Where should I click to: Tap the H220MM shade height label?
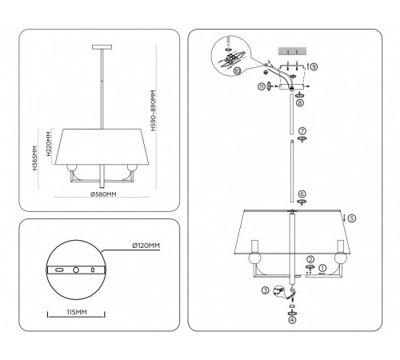coord(49,144)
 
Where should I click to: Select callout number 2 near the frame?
coord(309,258)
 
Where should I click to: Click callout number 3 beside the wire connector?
coord(265,291)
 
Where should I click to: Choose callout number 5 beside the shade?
coord(350,217)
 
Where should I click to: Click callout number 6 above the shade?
coord(302,194)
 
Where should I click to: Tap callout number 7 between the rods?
coord(302,130)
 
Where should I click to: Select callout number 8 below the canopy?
coord(298,103)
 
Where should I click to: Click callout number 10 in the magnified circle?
coord(239,70)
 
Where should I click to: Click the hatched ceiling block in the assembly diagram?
coord(286,50)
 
